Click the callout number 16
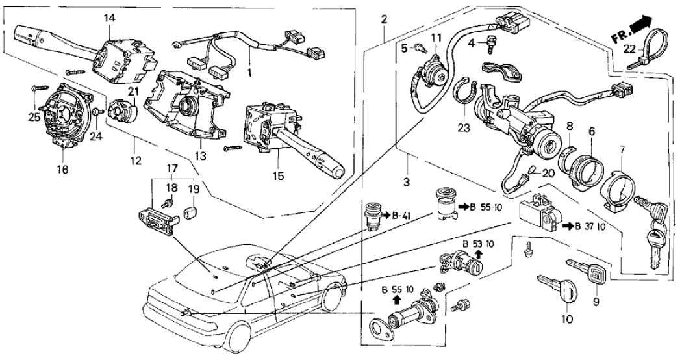[x=62, y=171]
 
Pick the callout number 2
[x=384, y=18]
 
